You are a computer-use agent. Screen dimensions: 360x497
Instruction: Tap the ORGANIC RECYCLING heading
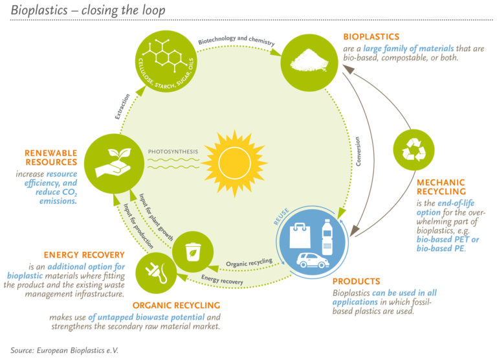tap(177, 305)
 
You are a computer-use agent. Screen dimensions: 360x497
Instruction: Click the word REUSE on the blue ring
tap(280, 218)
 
